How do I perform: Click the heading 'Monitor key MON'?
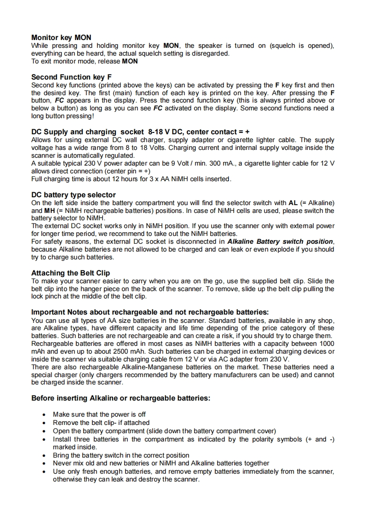[61, 37]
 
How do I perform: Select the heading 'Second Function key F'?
[71, 77]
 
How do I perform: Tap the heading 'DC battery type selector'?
[73, 195]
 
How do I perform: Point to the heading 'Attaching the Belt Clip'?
[70, 273]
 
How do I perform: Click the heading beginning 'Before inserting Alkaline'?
[121, 398]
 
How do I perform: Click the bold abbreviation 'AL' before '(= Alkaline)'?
[293, 203]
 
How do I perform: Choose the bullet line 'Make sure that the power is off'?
[99, 414]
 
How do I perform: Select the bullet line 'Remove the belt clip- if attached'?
[101, 423]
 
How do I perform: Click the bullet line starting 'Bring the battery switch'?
[121, 455]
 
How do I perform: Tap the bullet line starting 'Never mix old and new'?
[161, 463]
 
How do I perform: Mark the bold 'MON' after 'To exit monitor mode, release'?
[130, 61]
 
